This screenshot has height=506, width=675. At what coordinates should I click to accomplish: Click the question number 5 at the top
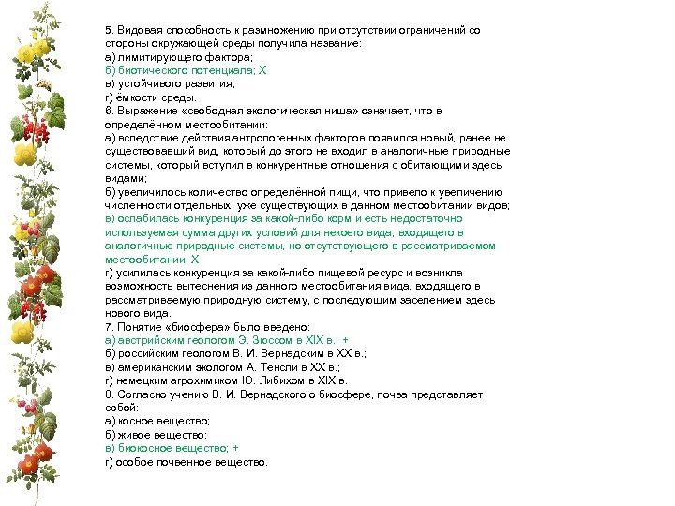(x=109, y=30)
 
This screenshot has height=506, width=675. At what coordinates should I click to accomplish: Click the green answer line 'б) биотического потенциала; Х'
(x=187, y=70)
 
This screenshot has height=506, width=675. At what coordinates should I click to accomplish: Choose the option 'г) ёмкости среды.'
(x=151, y=97)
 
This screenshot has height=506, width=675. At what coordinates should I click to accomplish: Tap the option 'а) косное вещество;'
(x=157, y=422)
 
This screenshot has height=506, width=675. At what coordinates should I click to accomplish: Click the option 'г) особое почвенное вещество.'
(x=187, y=462)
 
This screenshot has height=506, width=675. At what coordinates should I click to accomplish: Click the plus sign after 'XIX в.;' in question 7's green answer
(x=347, y=340)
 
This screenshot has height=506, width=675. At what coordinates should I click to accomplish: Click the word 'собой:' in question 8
(x=121, y=409)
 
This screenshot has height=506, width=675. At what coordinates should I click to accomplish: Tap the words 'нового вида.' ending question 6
(x=138, y=313)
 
